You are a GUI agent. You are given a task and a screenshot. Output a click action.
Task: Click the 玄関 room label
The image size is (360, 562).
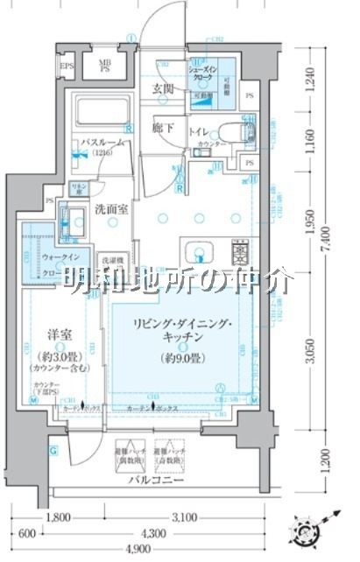(165, 88)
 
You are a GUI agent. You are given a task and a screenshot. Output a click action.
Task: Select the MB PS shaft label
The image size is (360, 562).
(104, 66)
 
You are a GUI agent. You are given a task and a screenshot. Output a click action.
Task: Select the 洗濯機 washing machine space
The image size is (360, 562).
(111, 262)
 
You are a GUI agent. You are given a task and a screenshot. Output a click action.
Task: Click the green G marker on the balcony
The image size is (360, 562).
(53, 450)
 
